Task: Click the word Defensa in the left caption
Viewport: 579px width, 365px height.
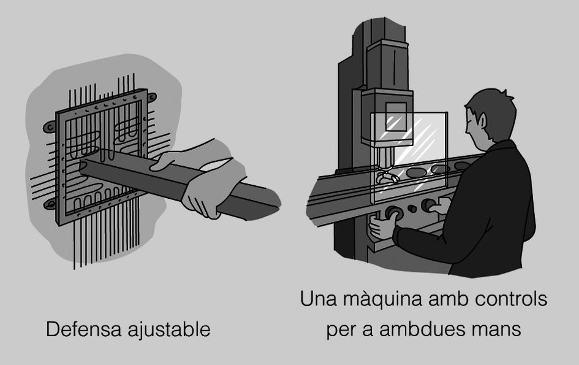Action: [83, 329]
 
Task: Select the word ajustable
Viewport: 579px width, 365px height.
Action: [169, 329]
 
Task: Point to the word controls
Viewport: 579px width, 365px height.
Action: [511, 299]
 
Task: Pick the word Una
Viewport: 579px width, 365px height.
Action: [318, 299]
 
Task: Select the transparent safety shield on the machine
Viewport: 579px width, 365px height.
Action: [409, 158]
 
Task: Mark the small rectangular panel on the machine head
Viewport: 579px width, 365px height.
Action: [396, 117]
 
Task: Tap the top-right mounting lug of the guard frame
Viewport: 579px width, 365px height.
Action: [151, 98]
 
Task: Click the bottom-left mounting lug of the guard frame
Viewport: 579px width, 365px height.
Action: [50, 204]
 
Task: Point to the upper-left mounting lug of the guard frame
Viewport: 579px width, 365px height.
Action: [50, 127]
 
